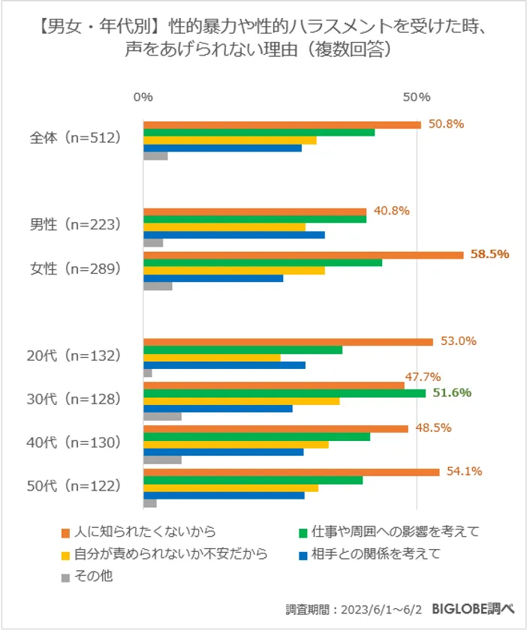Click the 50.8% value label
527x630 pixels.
(446, 124)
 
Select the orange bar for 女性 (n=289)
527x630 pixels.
(303, 255)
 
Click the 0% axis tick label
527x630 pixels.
(143, 97)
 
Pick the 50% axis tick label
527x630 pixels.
(416, 97)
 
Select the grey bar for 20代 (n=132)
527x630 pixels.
(148, 373)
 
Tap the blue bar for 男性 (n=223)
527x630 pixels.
(233, 235)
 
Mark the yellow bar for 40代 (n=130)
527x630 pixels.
(236, 445)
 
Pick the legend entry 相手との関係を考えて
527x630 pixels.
(375, 554)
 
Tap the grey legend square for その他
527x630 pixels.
(65, 577)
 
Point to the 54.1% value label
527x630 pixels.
(463, 471)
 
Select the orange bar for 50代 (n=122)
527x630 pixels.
(291, 472)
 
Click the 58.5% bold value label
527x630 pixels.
(489, 254)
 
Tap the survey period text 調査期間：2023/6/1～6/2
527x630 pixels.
(354, 609)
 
